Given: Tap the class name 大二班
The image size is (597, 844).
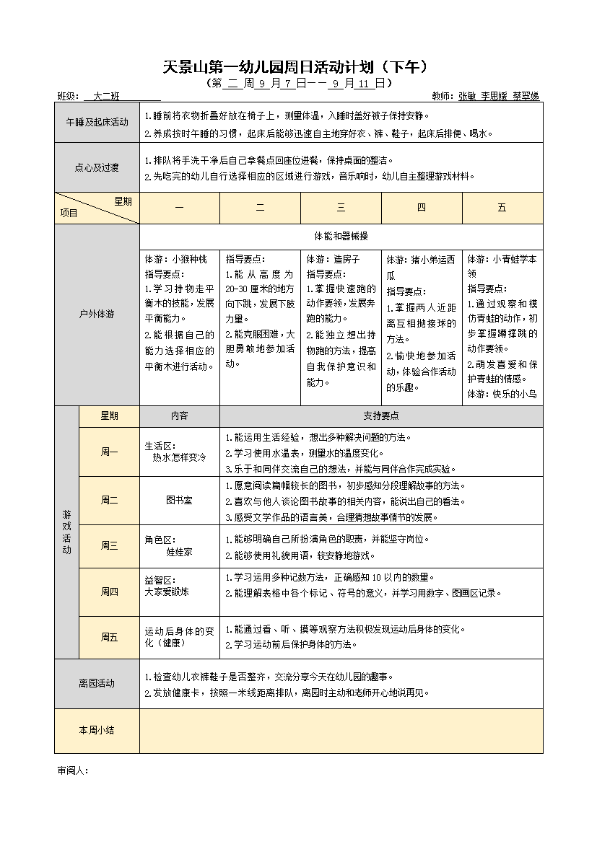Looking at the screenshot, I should pos(106,96).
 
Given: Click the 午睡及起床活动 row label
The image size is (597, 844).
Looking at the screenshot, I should pos(97,123).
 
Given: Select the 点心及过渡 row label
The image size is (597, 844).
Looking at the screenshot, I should pos(97,167).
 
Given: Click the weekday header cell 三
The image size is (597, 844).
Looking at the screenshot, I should pos(341,208).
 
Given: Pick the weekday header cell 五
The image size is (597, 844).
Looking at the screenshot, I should pos(502,208).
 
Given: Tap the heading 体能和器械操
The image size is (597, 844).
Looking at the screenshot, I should pos(341,236).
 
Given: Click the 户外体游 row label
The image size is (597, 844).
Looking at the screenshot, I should pos(97,315).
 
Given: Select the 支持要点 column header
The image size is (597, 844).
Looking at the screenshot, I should pos(381,416).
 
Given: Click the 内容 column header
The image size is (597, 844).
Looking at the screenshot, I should pos(179,416).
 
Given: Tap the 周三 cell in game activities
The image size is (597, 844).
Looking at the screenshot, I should pos(109,546).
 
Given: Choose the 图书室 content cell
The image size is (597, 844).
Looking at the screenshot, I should pos(179,500).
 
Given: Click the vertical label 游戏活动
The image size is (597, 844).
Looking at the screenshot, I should pos(66,532).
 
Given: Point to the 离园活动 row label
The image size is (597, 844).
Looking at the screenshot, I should pos(97,683).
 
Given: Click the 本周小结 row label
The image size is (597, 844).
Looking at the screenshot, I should pos(97,730).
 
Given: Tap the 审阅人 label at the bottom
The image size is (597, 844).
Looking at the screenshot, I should pos(72,770).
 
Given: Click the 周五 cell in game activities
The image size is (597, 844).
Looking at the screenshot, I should pos(109,637).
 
